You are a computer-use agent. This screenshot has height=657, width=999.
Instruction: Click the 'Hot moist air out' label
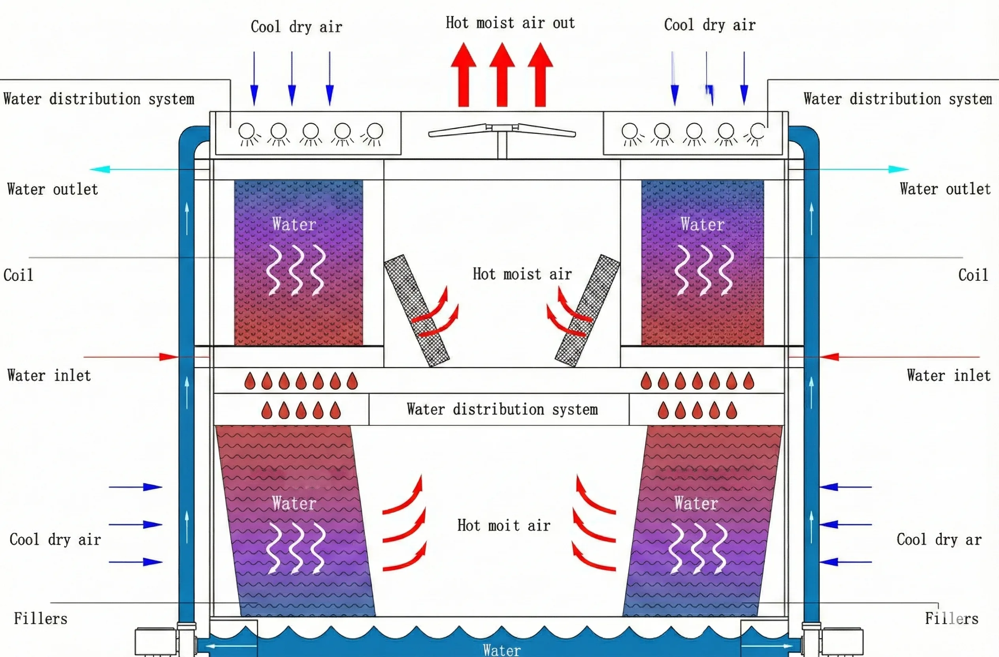tap(510, 23)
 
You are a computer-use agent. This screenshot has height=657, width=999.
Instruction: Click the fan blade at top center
tap(502, 130)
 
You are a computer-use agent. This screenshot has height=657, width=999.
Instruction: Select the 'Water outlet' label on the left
tap(53, 189)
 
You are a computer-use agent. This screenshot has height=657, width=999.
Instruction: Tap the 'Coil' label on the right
tap(973, 275)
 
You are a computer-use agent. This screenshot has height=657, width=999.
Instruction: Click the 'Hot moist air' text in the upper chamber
tap(522, 274)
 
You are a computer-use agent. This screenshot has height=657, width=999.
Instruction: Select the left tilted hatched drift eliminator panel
tap(417, 310)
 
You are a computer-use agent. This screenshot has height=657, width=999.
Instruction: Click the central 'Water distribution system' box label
tap(502, 409)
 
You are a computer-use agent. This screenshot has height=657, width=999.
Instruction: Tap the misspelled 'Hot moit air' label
tap(503, 525)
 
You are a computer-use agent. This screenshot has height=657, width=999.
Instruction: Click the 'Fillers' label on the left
tap(40, 618)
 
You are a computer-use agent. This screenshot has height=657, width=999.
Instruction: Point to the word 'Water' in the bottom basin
tap(501, 649)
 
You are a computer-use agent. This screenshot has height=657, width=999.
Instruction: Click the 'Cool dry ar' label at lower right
tap(939, 539)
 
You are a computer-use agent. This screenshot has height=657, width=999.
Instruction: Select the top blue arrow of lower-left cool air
tap(135, 487)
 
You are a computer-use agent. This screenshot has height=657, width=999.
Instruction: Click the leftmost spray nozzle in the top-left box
tap(247, 131)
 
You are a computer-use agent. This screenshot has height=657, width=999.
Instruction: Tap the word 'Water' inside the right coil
tap(702, 224)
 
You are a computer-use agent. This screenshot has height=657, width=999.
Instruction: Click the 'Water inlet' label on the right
tap(948, 375)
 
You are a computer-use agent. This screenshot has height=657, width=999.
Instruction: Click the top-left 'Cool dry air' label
tap(296, 26)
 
